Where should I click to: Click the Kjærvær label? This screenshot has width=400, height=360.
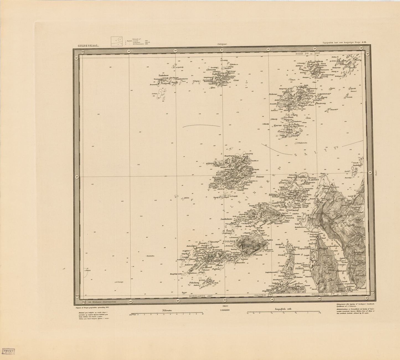coord(277,125)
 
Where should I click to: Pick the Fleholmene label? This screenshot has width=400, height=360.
coord(194,283)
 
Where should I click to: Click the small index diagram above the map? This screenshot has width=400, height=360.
coord(117,42)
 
